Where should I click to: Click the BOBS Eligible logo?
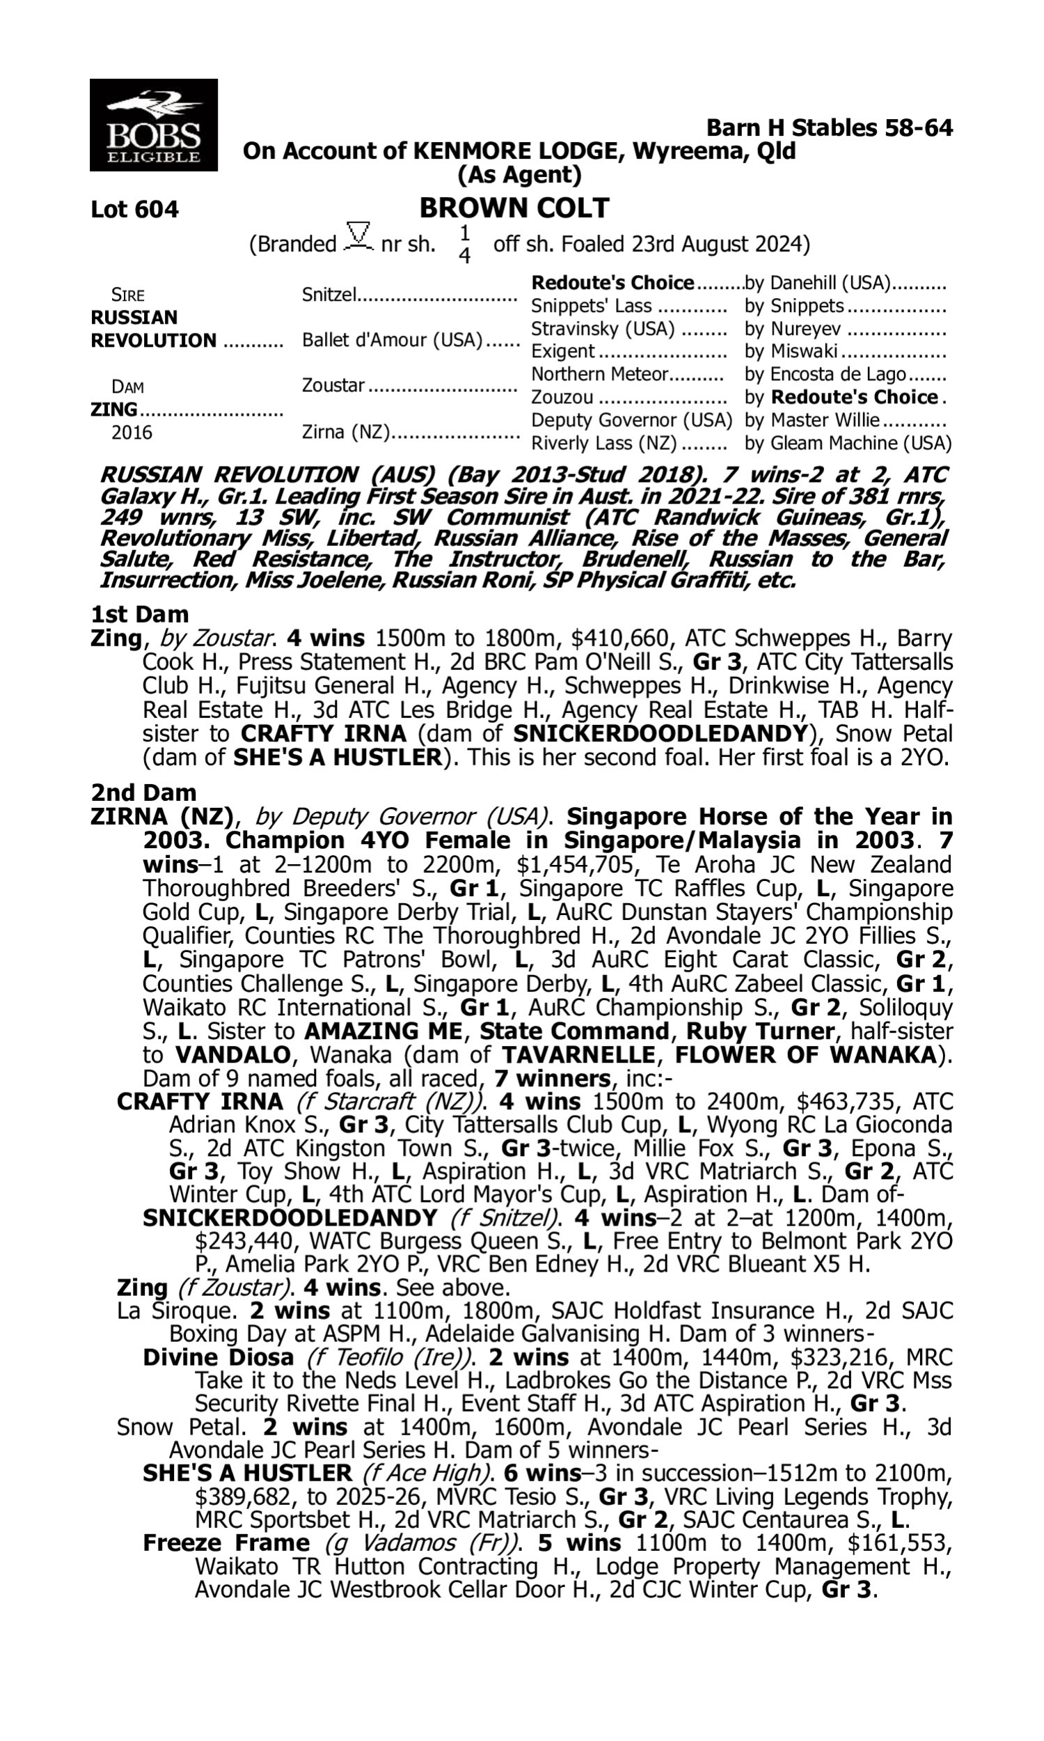[x=153, y=125]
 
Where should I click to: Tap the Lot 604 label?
[x=134, y=209]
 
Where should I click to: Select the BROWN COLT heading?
[x=514, y=208]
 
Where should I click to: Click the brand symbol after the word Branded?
[x=358, y=237]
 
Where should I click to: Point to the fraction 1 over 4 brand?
[x=464, y=244]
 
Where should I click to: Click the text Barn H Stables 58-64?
[x=829, y=127]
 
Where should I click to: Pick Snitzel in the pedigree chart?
[x=329, y=294]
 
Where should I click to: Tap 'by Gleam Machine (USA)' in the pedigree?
[x=847, y=443]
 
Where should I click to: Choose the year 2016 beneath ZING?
[x=132, y=432]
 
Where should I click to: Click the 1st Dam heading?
[x=139, y=614]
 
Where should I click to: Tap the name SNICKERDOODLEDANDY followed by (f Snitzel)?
[x=290, y=1217]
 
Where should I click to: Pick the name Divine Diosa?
[x=218, y=1357]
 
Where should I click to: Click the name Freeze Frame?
[x=226, y=1543]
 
